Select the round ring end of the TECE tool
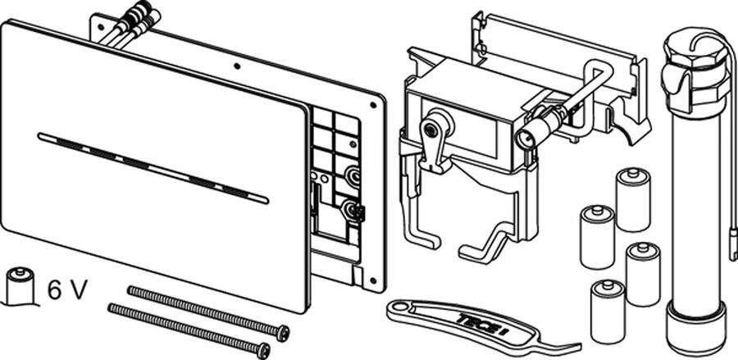click(399, 309)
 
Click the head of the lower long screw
click(262, 351)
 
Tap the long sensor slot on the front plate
click(153, 167)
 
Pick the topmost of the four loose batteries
click(632, 199)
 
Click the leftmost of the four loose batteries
click(597, 236)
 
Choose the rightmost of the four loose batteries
click(642, 273)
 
